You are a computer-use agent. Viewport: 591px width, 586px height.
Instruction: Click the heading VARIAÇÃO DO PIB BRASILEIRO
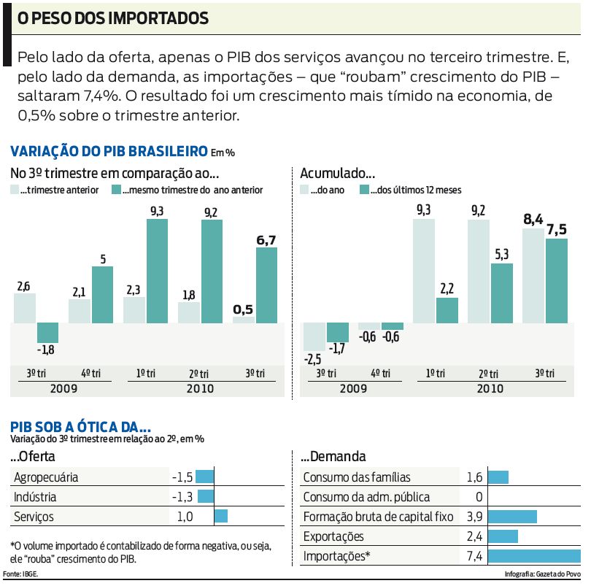click(x=109, y=151)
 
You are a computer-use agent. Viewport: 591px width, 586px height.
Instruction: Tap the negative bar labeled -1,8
click(x=47, y=333)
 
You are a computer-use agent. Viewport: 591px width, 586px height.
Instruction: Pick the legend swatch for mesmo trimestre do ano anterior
click(x=116, y=189)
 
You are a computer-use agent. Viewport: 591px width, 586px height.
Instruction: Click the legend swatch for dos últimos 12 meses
click(x=365, y=189)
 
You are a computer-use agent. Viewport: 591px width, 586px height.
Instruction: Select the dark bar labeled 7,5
click(x=556, y=281)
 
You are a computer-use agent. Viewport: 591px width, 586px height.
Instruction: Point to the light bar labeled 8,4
click(x=533, y=276)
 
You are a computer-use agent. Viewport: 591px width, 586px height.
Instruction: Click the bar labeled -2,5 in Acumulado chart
click(x=314, y=337)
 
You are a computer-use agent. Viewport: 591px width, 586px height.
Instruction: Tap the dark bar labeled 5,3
click(x=502, y=293)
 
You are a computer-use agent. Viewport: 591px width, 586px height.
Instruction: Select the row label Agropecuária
click(x=45, y=477)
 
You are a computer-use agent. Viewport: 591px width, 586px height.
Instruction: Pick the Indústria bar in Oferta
click(x=206, y=497)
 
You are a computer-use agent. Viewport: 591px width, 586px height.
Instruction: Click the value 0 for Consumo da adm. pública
click(x=479, y=497)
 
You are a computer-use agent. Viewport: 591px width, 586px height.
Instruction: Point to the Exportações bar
click(x=503, y=536)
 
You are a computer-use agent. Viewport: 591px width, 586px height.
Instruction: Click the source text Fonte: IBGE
click(x=21, y=574)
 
